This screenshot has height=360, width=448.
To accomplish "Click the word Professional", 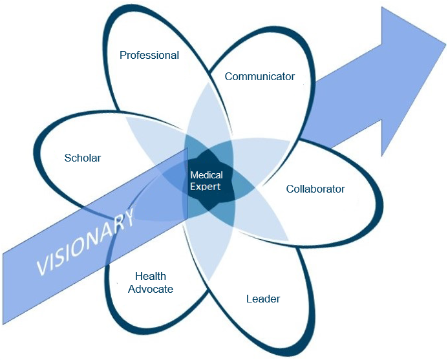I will click(149, 56).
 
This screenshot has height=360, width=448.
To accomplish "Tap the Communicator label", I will click(260, 77).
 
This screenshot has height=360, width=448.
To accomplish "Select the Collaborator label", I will click(315, 189).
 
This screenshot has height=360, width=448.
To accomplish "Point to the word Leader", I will click(263, 299).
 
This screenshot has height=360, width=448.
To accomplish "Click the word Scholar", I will click(83, 158).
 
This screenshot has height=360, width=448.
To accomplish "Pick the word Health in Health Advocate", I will click(151, 277).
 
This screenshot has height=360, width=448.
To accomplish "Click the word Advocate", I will click(151, 289).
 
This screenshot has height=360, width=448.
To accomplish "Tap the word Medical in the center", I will click(206, 175).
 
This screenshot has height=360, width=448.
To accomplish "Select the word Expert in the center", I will click(206, 186).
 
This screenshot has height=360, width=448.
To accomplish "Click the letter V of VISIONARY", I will click(43, 265).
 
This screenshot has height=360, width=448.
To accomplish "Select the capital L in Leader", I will click(249, 299).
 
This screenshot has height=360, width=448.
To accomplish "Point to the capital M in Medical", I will click(194, 175).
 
